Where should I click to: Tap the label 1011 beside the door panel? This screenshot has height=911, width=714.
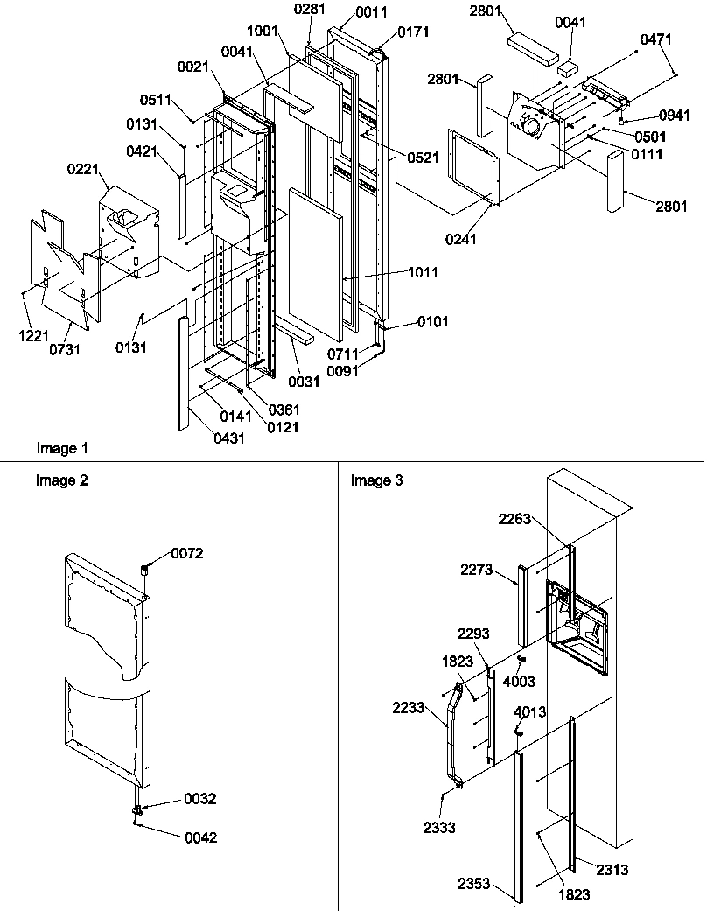pos(423,273)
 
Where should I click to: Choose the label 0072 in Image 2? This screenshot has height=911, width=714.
pos(186,553)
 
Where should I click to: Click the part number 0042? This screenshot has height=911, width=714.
pos(200,837)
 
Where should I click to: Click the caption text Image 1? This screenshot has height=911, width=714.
pos(62,448)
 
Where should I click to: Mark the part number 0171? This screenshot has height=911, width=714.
pos(413,32)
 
